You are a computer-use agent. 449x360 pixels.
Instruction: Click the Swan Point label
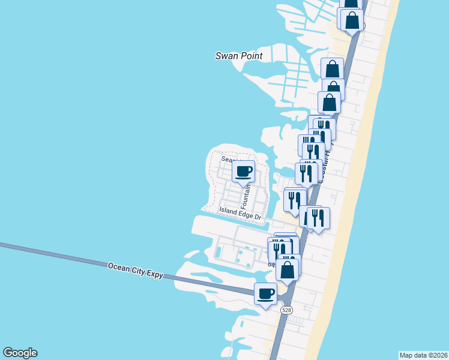tap(239, 56)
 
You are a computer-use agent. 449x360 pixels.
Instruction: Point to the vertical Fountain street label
tap(246, 194)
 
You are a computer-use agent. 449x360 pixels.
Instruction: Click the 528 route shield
tap(286, 310)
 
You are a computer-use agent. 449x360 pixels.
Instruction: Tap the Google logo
tap(20, 353)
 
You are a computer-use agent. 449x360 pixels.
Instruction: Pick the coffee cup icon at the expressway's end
tap(266, 294)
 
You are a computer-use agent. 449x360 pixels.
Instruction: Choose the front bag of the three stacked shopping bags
tap(330, 103)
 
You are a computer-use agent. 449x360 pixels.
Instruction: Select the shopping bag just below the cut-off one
tap(352, 20)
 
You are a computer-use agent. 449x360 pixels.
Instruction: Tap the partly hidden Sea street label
tap(226, 159)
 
